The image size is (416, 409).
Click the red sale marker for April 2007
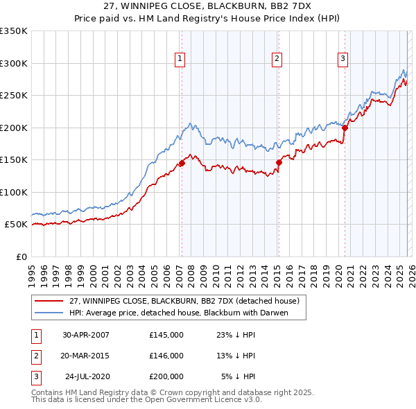pos(182,164)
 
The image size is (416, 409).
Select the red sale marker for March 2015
pos(279,162)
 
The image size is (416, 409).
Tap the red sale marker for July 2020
pos(345,128)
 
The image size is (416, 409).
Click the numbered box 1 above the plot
pos(180,60)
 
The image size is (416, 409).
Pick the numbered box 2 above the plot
pos(277,60)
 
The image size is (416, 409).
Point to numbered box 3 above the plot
pos(343,60)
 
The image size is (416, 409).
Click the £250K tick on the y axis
pos(14,96)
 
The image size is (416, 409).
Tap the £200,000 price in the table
pos(166,376)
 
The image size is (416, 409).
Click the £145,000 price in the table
pos(166,335)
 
